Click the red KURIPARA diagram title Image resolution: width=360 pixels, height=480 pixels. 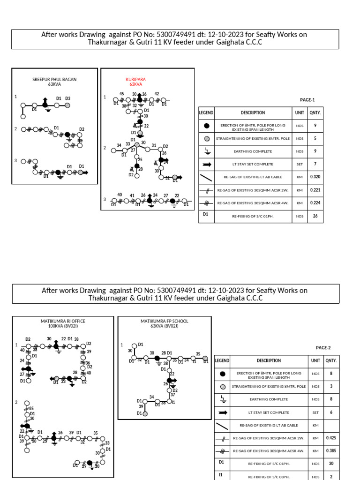coord(136,82)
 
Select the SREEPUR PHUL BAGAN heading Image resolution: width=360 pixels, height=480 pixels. coord(54,82)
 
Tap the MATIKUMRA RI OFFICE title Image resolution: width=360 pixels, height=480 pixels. coord(63,323)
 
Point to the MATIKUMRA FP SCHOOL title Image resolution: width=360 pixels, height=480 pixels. coord(165,323)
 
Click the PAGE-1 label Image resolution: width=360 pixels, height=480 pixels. coord(307,100)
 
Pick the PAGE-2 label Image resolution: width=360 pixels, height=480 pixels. coord(323,348)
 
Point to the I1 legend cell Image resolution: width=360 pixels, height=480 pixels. coord(221,475)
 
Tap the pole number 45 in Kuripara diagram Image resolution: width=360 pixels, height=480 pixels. coord(121,94)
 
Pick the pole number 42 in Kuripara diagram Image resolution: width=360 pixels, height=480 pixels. coord(157,94)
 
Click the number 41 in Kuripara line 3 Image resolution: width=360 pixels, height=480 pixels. coord(132,195)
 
